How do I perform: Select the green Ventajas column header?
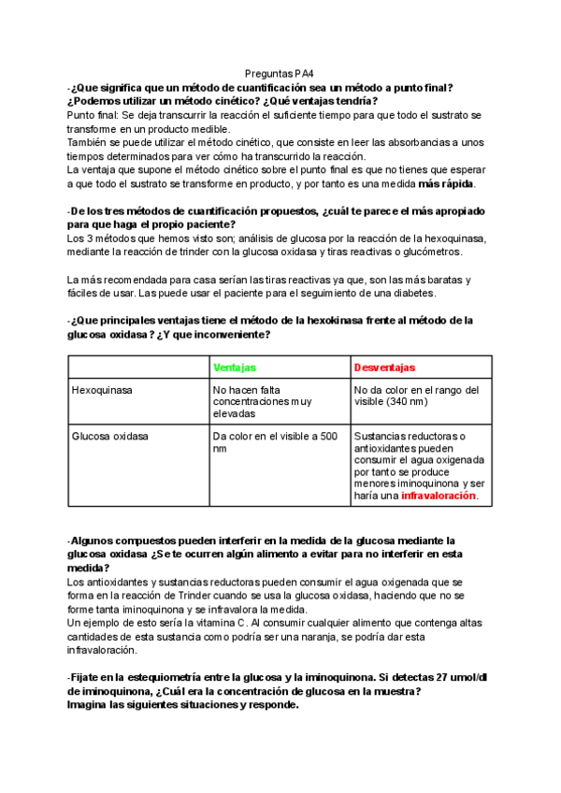[235, 368]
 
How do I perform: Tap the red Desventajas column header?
[384, 368]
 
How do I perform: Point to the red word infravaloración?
[439, 497]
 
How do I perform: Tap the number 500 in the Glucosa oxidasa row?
[329, 436]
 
